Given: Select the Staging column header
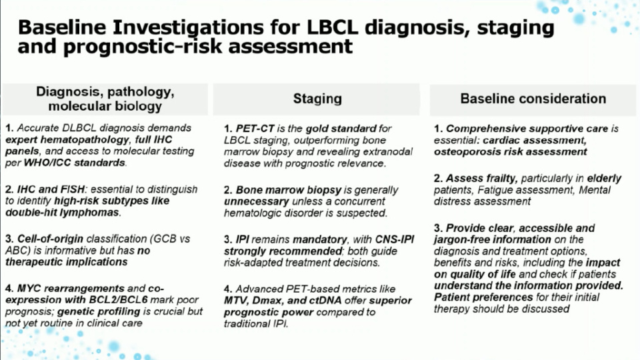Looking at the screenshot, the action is (317, 99).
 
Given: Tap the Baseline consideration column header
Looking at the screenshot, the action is (533, 99).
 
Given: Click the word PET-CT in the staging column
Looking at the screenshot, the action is (255, 129).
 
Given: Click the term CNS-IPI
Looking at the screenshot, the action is (395, 239).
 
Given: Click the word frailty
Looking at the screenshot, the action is (499, 179).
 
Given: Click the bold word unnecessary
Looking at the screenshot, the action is (256, 201).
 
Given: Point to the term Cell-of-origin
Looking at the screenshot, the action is (50, 239).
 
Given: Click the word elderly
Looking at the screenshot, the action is (604, 179).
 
